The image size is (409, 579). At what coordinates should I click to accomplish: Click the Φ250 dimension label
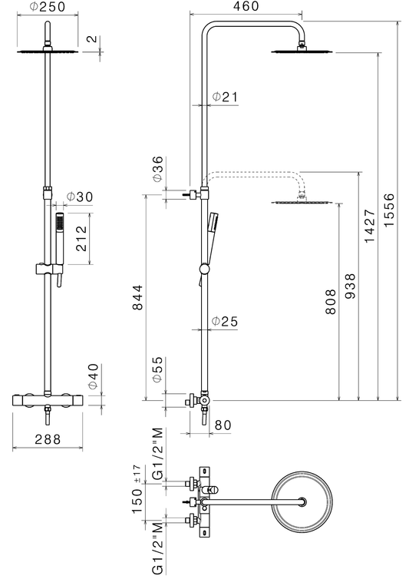[x=48, y=7]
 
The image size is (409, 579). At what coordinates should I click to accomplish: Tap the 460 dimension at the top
[x=246, y=6]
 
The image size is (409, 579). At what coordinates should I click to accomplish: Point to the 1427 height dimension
[x=370, y=226]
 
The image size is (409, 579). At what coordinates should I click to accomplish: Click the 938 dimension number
[x=349, y=286]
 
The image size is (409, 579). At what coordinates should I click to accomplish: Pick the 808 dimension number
[x=331, y=302]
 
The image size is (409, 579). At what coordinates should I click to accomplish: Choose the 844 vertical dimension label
[x=137, y=297]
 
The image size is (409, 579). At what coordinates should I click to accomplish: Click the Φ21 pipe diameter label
[x=225, y=97]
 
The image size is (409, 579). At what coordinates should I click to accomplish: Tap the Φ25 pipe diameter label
[x=225, y=321]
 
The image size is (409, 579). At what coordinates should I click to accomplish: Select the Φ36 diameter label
[x=157, y=169]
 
